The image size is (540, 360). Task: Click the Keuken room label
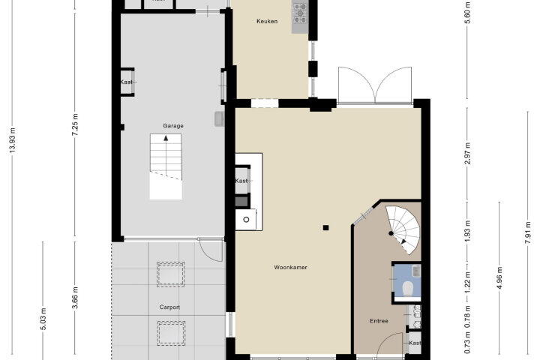pyautogui.click(x=267, y=21)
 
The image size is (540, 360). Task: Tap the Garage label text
pyautogui.click(x=173, y=126)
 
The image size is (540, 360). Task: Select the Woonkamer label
pyautogui.click(x=290, y=267)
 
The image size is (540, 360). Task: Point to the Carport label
pyautogui.click(x=169, y=307)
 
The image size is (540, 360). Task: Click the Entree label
pyautogui.click(x=379, y=321)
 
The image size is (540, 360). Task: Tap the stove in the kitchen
pyautogui.click(x=300, y=13)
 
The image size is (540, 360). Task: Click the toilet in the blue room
pyautogui.click(x=408, y=288)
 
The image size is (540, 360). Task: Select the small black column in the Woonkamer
pyautogui.click(x=325, y=227)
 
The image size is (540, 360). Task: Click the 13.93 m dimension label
pyautogui.click(x=13, y=140)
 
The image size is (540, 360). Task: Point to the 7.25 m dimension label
pyautogui.click(x=76, y=124)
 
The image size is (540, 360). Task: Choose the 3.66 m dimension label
pyautogui.click(x=76, y=298)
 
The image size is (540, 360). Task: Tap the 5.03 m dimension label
pyautogui.click(x=43, y=319)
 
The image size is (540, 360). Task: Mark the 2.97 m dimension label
pyautogui.click(x=468, y=153)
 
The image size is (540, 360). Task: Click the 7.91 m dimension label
pyautogui.click(x=527, y=233)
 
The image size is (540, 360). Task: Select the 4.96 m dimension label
pyautogui.click(x=499, y=278)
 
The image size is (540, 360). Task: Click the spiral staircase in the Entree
pyautogui.click(x=403, y=229)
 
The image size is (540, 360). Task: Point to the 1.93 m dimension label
pyautogui.click(x=468, y=231)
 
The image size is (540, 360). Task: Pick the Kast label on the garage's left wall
pyautogui.click(x=127, y=82)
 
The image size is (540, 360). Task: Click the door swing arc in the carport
pyautogui.click(x=210, y=254)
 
